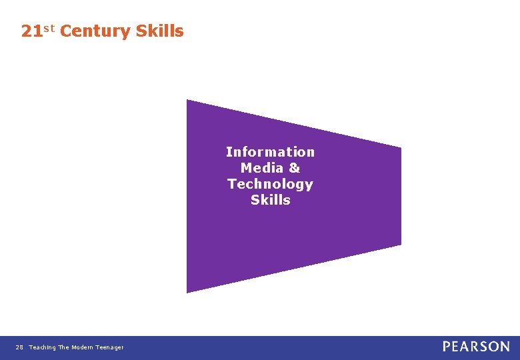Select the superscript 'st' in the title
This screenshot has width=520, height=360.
[x=49, y=29]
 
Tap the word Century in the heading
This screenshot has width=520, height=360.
[x=95, y=31]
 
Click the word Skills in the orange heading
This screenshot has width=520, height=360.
[x=159, y=31]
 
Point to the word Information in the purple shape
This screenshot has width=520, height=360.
[x=270, y=152]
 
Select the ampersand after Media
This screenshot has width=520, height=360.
[x=294, y=168]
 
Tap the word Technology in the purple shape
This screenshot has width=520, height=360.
[x=270, y=184]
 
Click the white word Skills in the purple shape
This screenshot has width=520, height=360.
[x=271, y=200]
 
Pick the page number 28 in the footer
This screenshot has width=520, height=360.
[x=19, y=347]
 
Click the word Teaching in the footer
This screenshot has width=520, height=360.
[x=42, y=347]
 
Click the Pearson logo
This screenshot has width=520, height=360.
[x=476, y=347]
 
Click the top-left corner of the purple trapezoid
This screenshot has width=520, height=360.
[x=187, y=100]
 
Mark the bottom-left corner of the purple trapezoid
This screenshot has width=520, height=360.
[x=187, y=292]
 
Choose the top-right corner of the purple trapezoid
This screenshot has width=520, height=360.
[x=401, y=147]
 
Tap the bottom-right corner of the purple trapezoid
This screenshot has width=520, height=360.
[x=401, y=245]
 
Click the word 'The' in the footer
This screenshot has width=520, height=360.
[x=63, y=347]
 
